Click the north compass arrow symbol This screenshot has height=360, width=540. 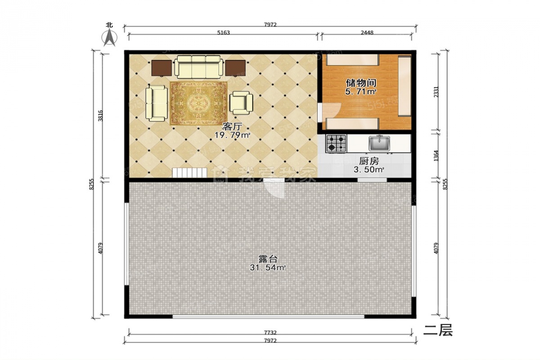coord(110,37)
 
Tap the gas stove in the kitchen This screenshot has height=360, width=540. coord(336,144)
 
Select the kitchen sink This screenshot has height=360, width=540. coord(379,143)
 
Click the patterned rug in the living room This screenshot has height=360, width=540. coord(198,103)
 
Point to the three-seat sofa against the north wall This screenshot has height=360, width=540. coord(198,67)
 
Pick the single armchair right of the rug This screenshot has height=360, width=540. coord(241,103)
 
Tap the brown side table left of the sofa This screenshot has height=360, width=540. coord(162,68)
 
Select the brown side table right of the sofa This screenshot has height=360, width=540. coord(235,68)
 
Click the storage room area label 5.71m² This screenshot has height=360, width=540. coord(360,92)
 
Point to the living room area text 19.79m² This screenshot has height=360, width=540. coord(232,135)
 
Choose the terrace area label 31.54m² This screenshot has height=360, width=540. coord(268,267)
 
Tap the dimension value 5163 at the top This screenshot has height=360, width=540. coord(224,32)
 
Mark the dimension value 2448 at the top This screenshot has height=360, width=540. coord(367,32)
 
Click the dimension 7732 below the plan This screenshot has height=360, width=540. coord(270,333)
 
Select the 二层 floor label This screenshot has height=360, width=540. coord(438,330)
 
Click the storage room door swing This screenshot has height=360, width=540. coord(330,112)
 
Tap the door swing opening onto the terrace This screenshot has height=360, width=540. coord(274,189)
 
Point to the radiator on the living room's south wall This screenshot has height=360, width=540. coord(189,173)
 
